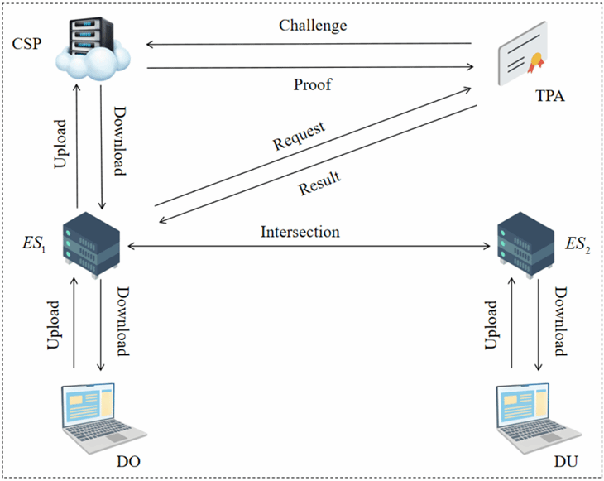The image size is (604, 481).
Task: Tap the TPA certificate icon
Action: click(x=522, y=63)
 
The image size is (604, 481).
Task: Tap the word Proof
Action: click(x=311, y=85)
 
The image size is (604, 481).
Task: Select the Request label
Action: click(x=298, y=137)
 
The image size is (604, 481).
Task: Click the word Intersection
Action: click(x=300, y=232)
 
